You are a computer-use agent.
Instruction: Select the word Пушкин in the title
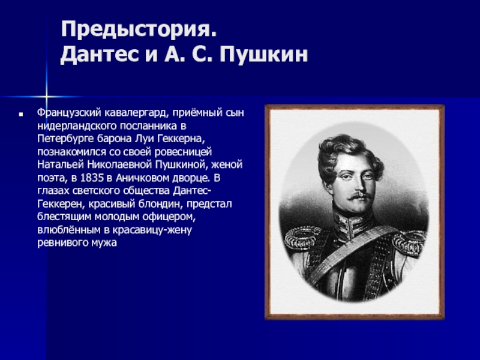click(x=263, y=55)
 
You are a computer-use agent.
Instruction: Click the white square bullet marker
click(x=21, y=115)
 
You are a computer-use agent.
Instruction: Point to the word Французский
click(x=69, y=113)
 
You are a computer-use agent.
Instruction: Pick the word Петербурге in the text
click(x=65, y=139)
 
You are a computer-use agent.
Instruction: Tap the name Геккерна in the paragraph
click(x=181, y=139)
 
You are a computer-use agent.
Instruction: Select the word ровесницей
click(x=183, y=152)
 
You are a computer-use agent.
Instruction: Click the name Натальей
click(x=61, y=165)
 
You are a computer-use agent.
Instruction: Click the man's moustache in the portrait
click(x=359, y=196)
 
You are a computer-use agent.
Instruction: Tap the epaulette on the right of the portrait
click(x=409, y=242)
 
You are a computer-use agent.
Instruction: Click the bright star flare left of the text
click(x=46, y=97)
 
